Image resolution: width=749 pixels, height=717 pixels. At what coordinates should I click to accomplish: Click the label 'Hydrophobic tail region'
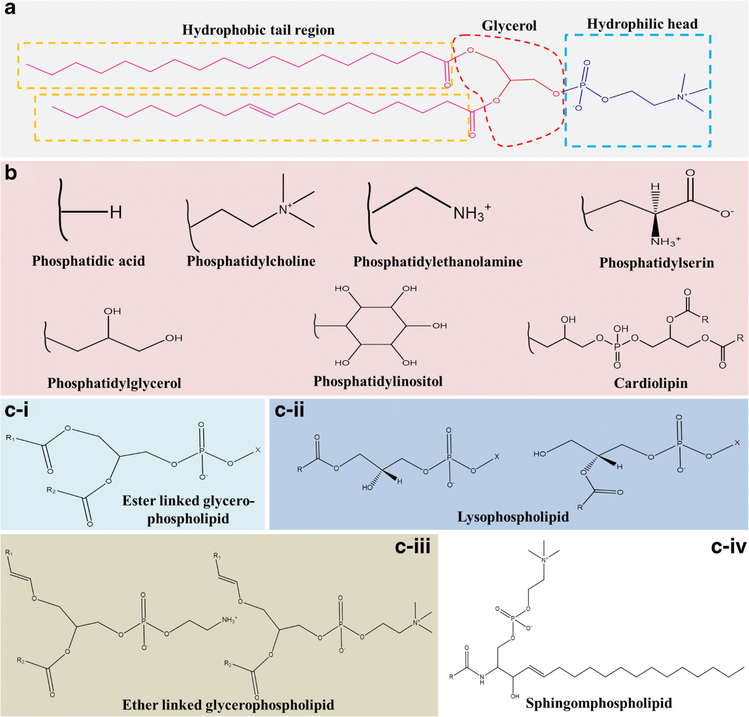[x=258, y=30]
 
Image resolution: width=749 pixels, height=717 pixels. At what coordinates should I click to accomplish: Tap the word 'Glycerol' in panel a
[x=509, y=26]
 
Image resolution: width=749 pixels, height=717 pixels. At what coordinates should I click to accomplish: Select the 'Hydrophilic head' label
[x=642, y=24]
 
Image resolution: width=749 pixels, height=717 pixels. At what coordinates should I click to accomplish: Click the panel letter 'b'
[x=11, y=173]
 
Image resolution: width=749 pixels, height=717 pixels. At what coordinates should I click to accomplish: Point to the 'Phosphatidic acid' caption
[x=88, y=261]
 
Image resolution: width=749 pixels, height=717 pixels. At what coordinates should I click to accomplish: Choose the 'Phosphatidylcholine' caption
[x=251, y=261]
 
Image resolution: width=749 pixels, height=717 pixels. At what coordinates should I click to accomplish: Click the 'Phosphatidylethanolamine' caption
[x=438, y=262]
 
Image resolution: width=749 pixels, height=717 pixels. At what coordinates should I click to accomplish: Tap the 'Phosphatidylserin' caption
[x=656, y=263]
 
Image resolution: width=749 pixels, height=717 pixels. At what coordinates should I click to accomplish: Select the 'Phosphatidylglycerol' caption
[x=114, y=383]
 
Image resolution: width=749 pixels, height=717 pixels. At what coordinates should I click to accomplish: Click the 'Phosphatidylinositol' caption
[x=378, y=381]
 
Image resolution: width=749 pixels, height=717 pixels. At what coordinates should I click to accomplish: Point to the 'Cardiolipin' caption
[x=650, y=383]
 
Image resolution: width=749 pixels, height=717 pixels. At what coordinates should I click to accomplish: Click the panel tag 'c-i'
[x=17, y=410]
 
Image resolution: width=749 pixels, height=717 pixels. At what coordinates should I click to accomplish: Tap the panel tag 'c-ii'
[x=290, y=410]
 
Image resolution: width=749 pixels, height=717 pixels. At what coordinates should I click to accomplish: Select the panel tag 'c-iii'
[x=413, y=547]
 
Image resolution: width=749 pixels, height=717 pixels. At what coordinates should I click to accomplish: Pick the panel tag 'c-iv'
[x=728, y=547]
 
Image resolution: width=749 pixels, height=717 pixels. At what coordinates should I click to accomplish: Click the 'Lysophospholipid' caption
[x=513, y=517]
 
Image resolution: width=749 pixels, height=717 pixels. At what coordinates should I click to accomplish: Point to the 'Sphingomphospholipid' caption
[x=599, y=703]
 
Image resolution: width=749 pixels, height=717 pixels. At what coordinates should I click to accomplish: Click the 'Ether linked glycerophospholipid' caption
[x=228, y=705]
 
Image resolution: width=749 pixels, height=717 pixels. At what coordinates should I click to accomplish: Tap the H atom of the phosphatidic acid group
[x=115, y=212]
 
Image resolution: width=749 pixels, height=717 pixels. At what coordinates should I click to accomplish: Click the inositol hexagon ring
[x=376, y=325]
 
